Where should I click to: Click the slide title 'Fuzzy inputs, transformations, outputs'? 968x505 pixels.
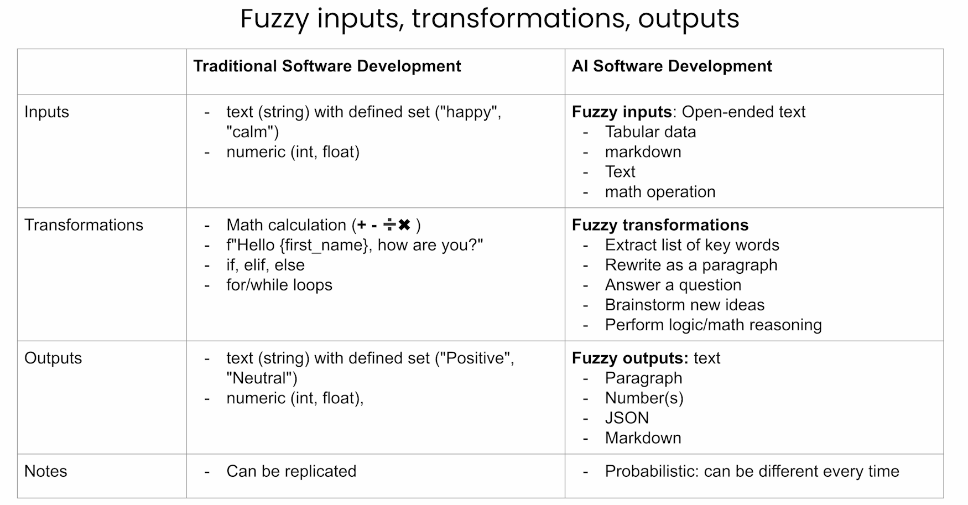click(x=490, y=19)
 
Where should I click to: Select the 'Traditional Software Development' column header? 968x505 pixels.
click(x=327, y=66)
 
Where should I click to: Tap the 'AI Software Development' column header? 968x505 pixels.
click(x=672, y=66)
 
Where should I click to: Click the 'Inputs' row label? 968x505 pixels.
click(x=46, y=112)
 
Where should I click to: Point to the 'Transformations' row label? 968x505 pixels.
click(x=84, y=225)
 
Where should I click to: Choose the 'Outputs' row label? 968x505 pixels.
click(x=53, y=358)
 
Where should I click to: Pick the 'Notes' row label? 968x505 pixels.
click(x=45, y=471)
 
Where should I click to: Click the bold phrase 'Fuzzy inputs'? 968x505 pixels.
click(x=622, y=112)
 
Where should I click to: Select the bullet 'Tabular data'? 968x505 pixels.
click(x=650, y=132)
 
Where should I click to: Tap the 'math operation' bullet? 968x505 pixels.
click(x=660, y=191)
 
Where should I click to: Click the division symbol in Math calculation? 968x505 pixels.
click(x=389, y=225)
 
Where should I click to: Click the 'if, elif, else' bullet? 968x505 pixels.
click(x=266, y=265)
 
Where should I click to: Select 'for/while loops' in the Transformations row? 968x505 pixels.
click(x=279, y=285)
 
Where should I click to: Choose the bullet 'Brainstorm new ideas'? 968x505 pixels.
click(x=685, y=305)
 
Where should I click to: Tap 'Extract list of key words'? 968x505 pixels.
click(x=692, y=245)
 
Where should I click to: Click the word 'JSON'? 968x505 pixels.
click(x=627, y=418)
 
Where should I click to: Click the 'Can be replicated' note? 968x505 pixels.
click(x=292, y=471)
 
